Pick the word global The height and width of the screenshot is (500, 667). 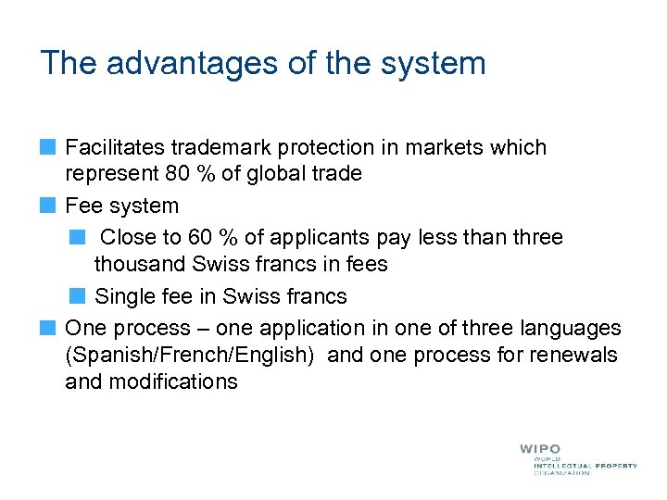(282, 174)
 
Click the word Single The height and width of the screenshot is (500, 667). (126, 296)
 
